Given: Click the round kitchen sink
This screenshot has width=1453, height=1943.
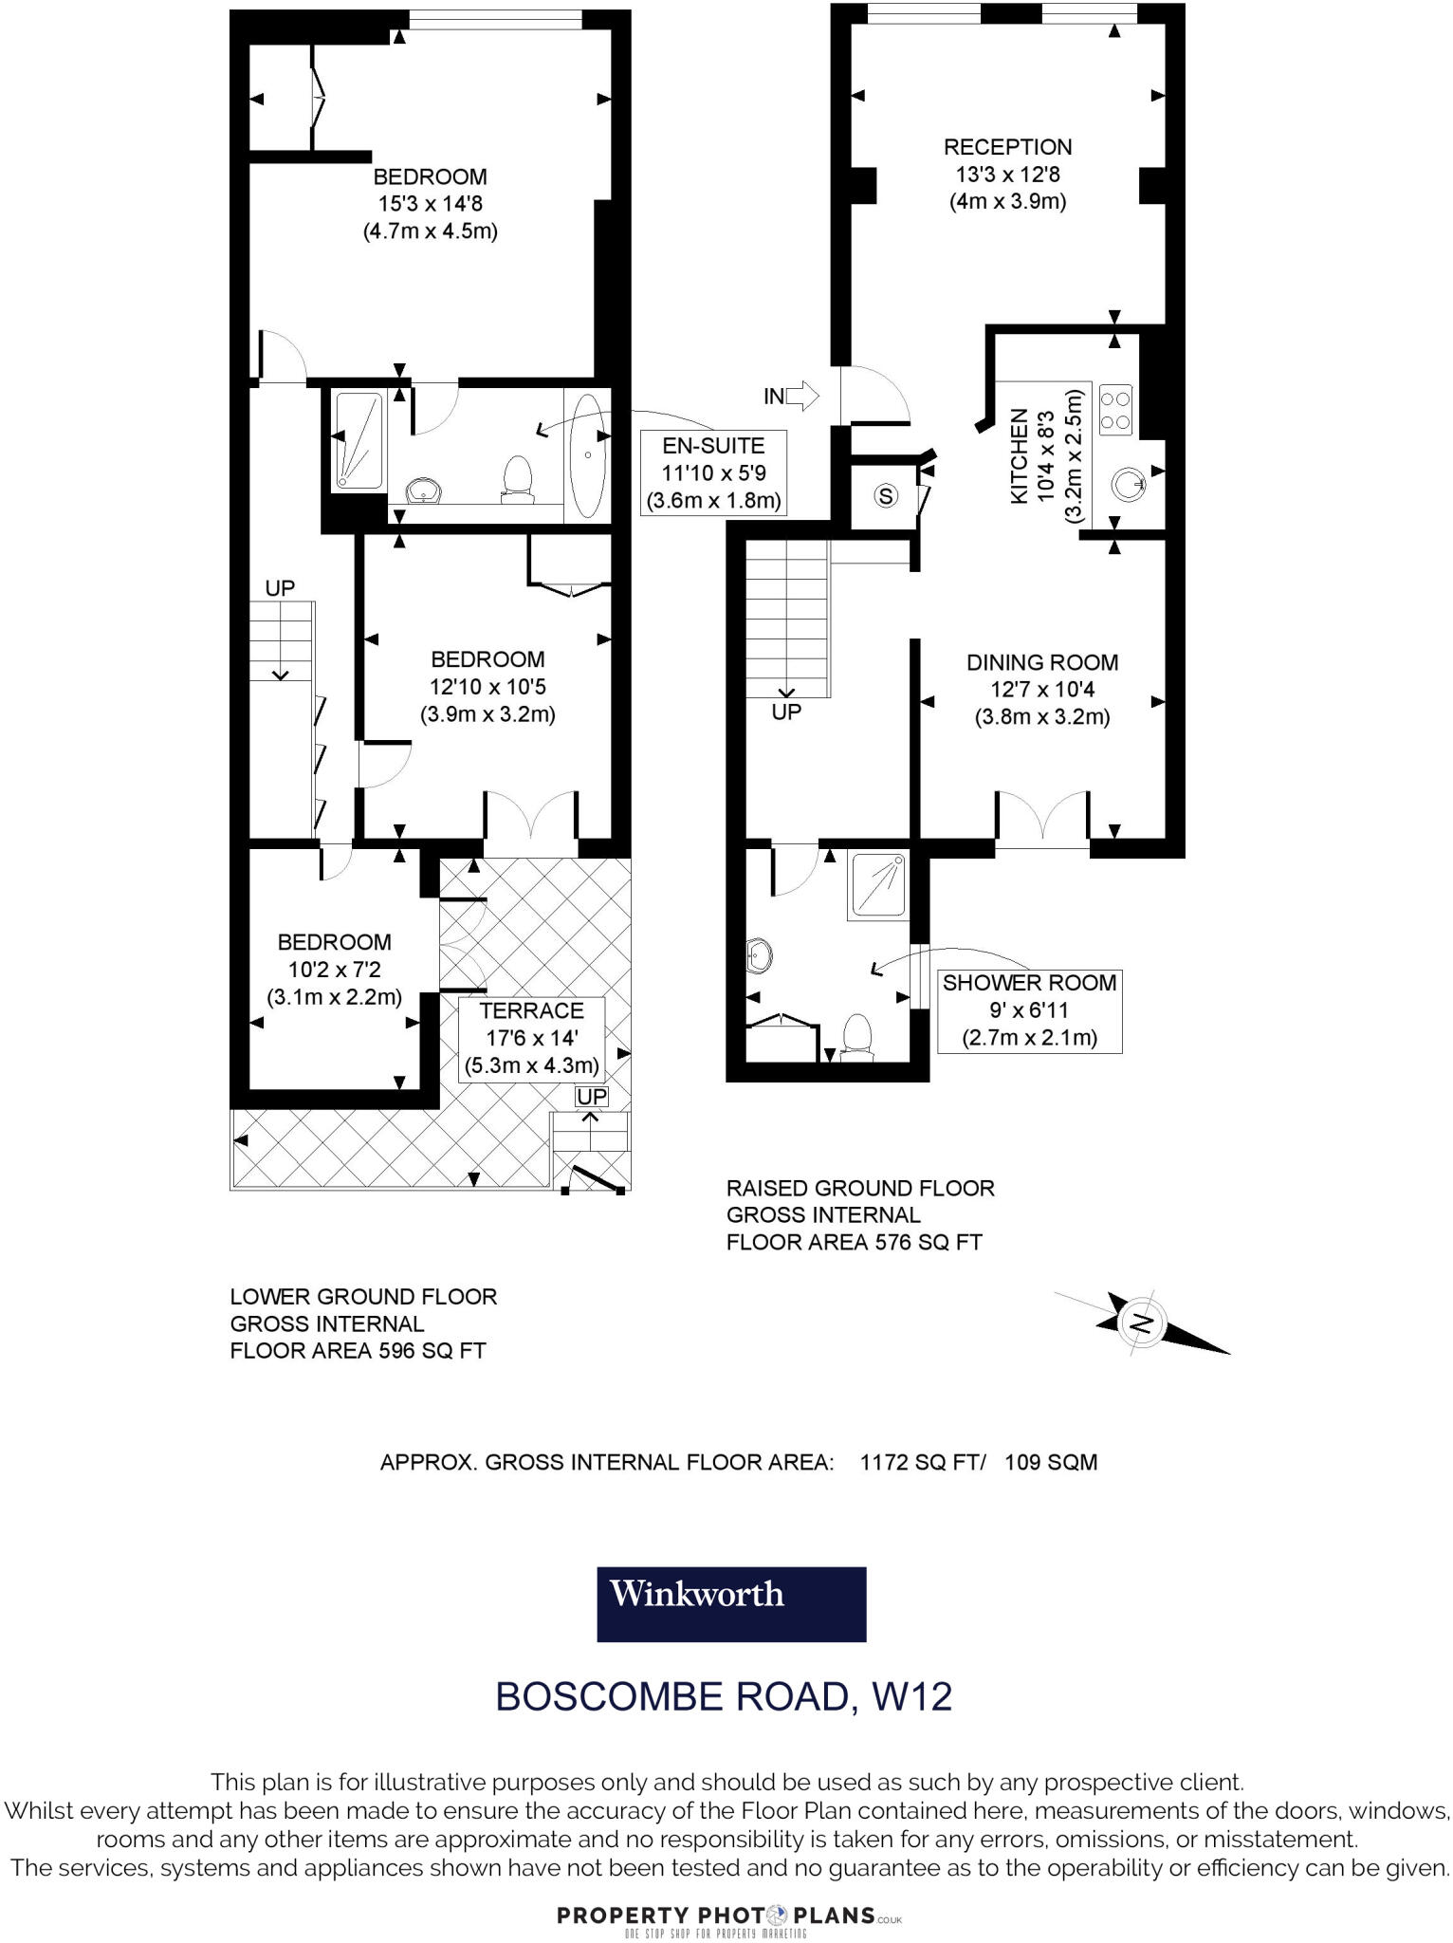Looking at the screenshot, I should pos(1129,485).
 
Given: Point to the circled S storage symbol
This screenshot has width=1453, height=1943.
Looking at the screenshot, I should pos(886,495).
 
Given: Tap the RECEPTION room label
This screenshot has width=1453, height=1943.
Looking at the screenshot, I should pos(1007,147).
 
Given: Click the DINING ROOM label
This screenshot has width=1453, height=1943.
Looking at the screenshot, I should pos(1041,662).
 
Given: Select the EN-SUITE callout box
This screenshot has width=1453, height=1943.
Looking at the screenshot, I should pos(713,472).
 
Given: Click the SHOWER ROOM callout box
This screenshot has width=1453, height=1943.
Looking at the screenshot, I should pos(1029,1010).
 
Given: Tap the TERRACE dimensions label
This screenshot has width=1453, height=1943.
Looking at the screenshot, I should pos(531,1038).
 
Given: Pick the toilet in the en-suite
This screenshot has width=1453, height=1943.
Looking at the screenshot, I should pos(517,476).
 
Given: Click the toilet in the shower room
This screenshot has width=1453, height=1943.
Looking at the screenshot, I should pos(856,1035).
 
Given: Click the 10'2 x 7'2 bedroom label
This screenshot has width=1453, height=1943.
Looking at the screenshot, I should pos(334,970).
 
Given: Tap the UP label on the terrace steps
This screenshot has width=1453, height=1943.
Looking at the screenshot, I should pos(592,1097).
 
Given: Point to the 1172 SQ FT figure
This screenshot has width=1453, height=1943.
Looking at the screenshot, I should pos(919,1462).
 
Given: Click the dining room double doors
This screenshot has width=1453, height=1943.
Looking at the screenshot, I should pos(1041,816).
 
